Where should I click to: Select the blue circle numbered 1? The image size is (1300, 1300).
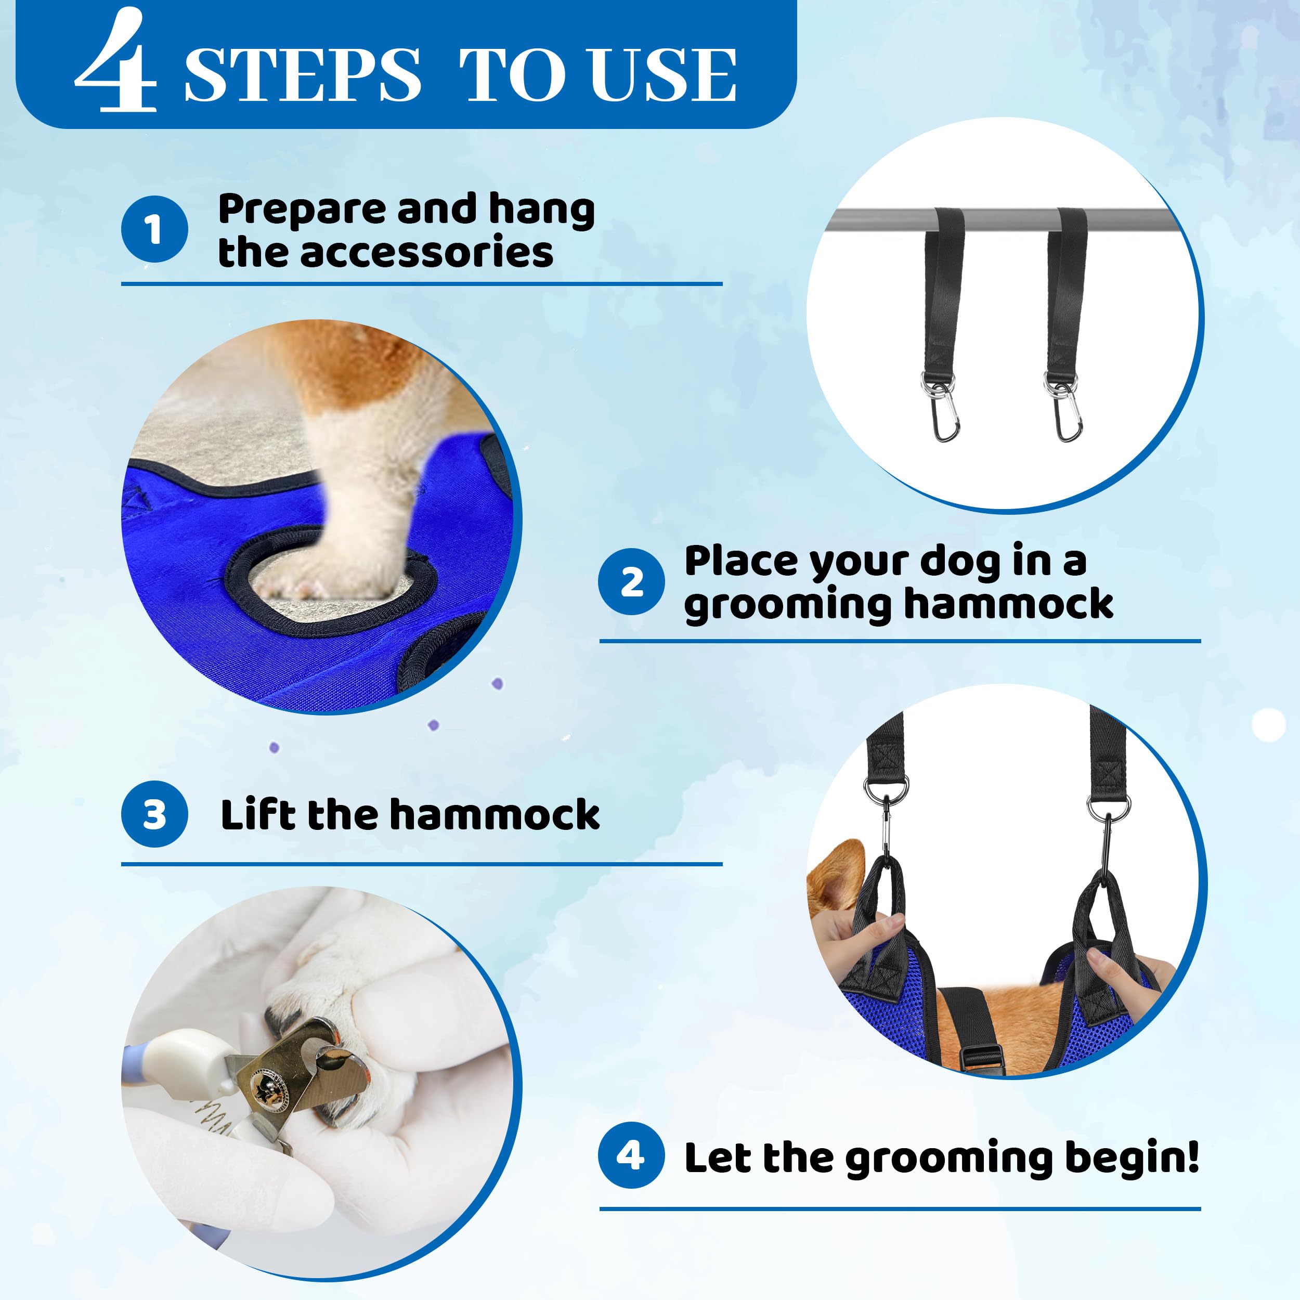coord(154,229)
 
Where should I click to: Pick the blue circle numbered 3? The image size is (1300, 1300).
coord(154,814)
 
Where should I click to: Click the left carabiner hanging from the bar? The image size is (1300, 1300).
coord(945,417)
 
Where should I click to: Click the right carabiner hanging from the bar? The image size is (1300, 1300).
coord(1068,417)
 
